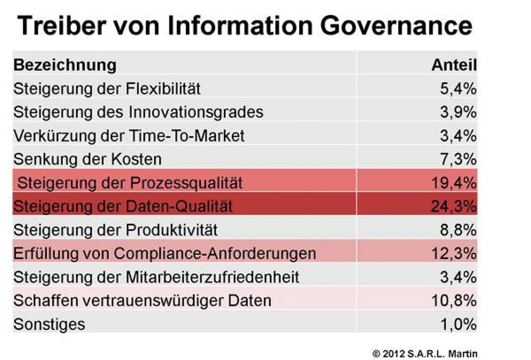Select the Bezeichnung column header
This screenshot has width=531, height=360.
point(65,65)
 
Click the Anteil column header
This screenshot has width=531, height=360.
point(454,65)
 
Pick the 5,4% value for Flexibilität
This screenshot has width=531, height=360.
point(458,89)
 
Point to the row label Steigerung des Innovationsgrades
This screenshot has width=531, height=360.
point(138,112)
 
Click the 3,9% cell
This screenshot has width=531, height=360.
point(458,112)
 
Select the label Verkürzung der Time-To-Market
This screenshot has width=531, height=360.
point(129,135)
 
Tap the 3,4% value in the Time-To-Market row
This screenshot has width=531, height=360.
point(458,135)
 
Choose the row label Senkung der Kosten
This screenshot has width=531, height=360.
point(87,159)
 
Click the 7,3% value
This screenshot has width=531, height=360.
point(458,159)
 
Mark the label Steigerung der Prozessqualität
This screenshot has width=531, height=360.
point(130,182)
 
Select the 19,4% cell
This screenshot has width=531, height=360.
point(454,182)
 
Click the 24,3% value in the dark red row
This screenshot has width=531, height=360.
point(454,206)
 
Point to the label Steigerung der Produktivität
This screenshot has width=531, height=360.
point(115,230)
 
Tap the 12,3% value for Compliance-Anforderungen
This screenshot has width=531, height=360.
point(454,253)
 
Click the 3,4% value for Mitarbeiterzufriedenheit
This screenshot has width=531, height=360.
point(458,277)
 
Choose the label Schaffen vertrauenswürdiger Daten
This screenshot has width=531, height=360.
point(142,301)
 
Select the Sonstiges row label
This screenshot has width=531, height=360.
point(49,324)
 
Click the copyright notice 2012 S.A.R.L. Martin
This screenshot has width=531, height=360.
point(425,353)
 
